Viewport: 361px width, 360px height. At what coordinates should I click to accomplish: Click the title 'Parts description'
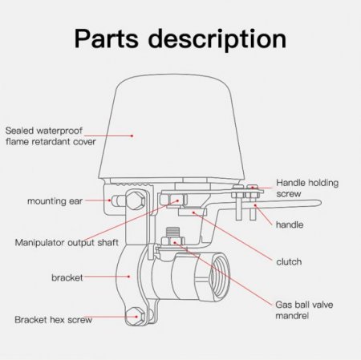[x=180, y=39]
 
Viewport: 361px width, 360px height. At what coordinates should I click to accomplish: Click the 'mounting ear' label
[x=55, y=201]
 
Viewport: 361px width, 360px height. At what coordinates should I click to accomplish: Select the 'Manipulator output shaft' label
[x=67, y=243]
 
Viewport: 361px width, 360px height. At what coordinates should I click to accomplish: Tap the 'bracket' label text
[x=67, y=277]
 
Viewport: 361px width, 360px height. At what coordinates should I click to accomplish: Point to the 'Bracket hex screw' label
[x=54, y=320]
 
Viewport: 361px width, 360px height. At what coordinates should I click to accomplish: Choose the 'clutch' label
[x=289, y=261]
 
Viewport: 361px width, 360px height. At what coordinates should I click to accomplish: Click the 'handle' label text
[x=290, y=224]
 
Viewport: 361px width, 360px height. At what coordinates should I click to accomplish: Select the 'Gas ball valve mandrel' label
[x=304, y=310]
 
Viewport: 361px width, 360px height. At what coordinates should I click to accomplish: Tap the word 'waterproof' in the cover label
[x=59, y=131]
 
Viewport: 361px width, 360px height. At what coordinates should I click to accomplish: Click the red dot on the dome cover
[x=132, y=136]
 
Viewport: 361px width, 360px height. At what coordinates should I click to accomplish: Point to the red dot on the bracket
[x=129, y=277]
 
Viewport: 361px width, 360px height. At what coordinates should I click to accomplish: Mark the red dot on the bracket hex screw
[x=136, y=317]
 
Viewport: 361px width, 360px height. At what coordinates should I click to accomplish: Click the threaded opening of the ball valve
[x=220, y=276]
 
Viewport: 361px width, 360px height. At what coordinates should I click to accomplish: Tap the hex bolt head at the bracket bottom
[x=136, y=317]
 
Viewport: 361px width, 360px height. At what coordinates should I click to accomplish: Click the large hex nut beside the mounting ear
[x=136, y=200]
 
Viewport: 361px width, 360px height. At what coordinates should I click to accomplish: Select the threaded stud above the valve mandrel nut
[x=172, y=232]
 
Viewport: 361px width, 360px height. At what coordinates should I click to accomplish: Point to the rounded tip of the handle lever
[x=318, y=203]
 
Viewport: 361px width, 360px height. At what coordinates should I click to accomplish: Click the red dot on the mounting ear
[x=109, y=200]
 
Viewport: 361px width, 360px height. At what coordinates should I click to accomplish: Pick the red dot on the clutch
[x=193, y=212]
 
